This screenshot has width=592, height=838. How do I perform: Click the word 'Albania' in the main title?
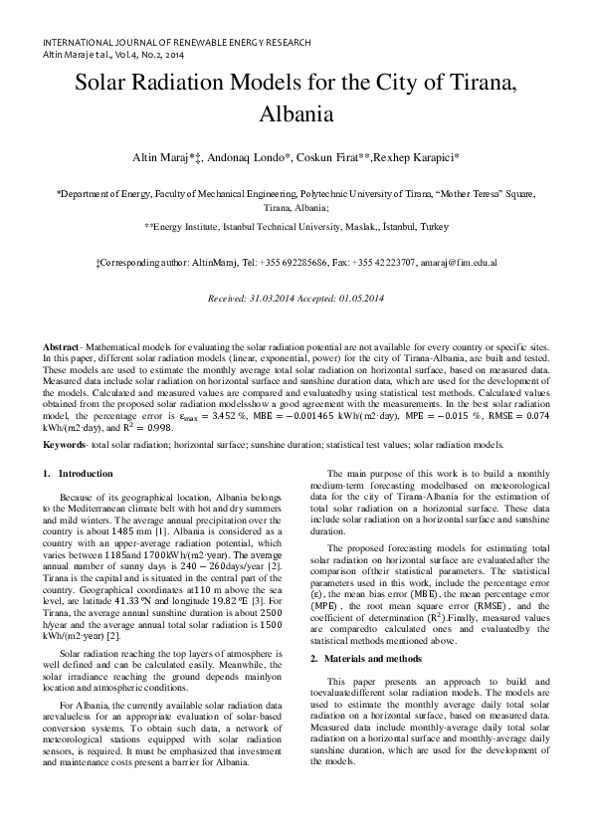(x=296, y=113)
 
